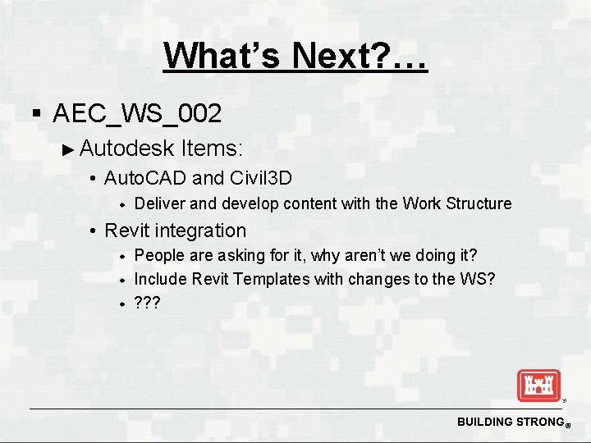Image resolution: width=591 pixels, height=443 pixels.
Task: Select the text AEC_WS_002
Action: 136,113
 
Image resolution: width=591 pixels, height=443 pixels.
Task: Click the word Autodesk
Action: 128,148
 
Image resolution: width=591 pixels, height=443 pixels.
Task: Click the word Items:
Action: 212,148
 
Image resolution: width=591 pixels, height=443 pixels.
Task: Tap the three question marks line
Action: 148,303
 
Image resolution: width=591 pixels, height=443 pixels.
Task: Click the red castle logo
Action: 538,386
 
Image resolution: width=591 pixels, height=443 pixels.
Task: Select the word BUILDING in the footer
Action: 482,422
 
